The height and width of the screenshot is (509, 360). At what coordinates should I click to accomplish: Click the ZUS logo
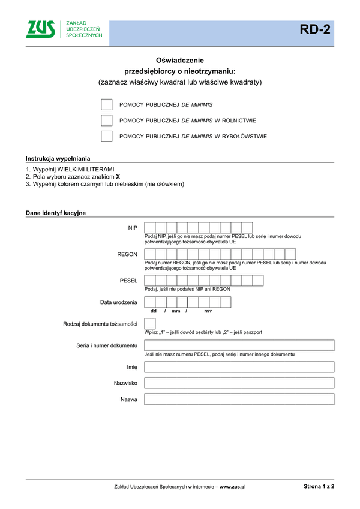41,29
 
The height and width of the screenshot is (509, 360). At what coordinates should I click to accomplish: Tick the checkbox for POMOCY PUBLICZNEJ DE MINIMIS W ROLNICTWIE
107,121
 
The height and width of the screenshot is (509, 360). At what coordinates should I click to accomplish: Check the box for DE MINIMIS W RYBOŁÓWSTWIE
107,136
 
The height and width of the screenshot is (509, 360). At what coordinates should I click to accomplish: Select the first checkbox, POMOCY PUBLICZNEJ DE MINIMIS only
107,104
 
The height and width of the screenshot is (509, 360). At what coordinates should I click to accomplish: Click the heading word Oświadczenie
180,60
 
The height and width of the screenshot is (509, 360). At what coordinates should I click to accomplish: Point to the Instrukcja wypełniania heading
58,158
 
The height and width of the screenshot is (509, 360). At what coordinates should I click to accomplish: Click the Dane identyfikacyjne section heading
56,213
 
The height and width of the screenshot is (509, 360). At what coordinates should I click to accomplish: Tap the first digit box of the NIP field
150,228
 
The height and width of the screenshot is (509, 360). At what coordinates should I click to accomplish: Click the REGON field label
127,254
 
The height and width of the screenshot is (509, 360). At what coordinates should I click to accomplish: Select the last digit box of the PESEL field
258,280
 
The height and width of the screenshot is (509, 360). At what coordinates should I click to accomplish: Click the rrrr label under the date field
208,311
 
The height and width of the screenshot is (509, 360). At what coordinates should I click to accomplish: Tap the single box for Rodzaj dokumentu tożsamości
150,324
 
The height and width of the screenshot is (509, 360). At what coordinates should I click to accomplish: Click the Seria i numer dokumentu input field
239,345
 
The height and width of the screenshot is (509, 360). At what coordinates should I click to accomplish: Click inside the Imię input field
239,367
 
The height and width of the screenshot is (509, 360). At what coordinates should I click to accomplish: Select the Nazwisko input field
239,383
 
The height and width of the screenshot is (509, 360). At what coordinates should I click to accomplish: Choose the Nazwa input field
239,399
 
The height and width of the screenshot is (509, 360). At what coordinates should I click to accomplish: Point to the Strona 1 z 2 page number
319,486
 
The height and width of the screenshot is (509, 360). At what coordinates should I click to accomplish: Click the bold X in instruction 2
118,177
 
